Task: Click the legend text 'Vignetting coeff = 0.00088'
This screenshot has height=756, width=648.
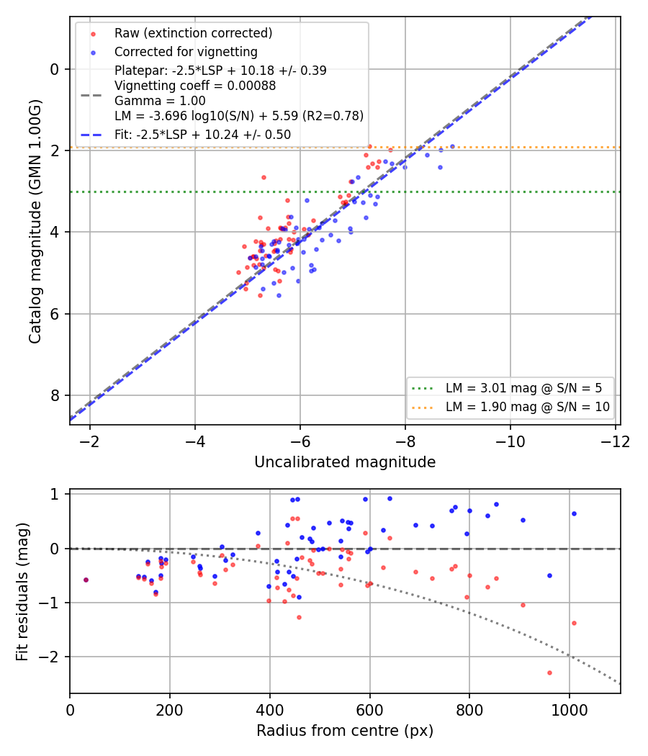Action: (x=195, y=86)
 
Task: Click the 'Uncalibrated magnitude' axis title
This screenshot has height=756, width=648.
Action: (x=345, y=462)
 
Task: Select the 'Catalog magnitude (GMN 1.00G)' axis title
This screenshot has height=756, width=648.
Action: (x=35, y=221)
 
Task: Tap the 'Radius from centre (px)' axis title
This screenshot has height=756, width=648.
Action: (x=345, y=731)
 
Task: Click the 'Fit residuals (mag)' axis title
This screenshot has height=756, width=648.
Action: (x=22, y=592)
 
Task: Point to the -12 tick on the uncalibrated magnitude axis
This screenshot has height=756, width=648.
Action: (x=615, y=441)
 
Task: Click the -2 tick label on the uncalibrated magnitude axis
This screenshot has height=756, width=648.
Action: (x=90, y=441)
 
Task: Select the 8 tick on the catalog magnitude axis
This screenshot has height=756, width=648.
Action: (x=54, y=395)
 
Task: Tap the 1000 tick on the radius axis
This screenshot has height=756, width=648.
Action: (x=570, y=710)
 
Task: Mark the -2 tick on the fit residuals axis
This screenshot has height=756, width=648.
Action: (x=50, y=657)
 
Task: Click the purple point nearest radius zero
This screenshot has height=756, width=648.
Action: (x=86, y=580)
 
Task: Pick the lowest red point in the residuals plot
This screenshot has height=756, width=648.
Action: (x=549, y=672)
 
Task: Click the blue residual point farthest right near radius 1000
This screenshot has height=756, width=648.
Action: (x=574, y=514)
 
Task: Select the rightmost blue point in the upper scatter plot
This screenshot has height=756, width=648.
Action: (x=452, y=147)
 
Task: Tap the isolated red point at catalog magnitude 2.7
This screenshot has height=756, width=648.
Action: (x=264, y=177)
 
